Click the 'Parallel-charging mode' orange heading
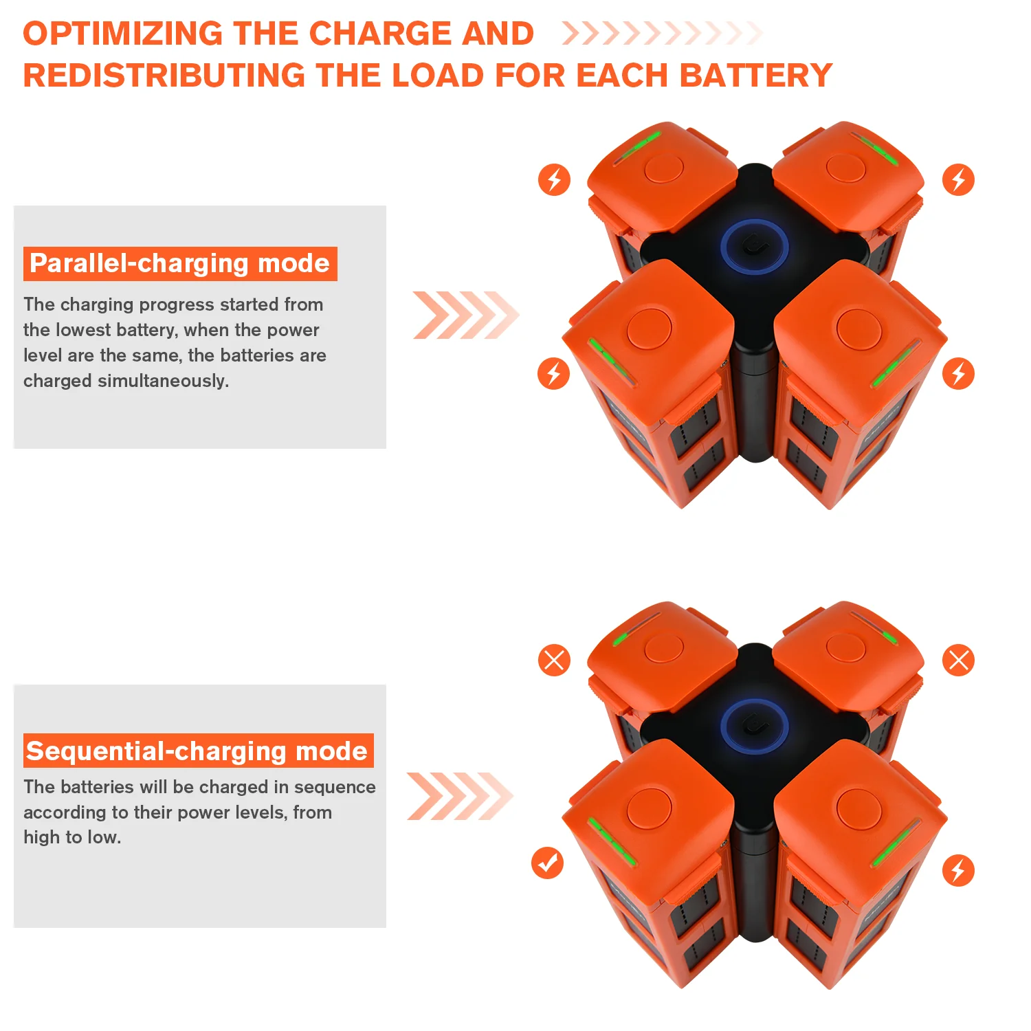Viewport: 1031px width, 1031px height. [180, 264]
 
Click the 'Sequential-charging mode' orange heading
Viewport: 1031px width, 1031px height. [198, 751]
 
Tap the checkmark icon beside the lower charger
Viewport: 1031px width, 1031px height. [547, 863]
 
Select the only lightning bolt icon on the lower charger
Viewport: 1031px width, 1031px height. [958, 870]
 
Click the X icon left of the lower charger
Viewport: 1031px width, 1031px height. [554, 660]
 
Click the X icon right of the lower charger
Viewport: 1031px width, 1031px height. [958, 660]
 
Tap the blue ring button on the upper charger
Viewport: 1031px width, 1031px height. [755, 247]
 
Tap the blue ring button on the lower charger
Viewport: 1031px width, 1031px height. [755, 727]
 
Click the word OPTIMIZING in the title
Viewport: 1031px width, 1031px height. [122, 34]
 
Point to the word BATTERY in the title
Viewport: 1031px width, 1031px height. [755, 76]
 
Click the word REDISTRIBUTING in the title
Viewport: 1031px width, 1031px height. [164, 76]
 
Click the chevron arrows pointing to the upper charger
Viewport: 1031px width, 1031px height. [465, 315]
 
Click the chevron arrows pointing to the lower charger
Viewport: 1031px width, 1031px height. [460, 796]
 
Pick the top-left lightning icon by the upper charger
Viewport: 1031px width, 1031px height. [554, 180]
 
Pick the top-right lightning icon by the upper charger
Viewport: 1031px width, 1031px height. [958, 180]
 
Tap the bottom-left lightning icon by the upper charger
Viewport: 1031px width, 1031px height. [553, 373]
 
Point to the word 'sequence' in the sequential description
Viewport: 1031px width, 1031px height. [335, 787]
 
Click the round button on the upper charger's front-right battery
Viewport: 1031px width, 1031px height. [858, 329]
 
